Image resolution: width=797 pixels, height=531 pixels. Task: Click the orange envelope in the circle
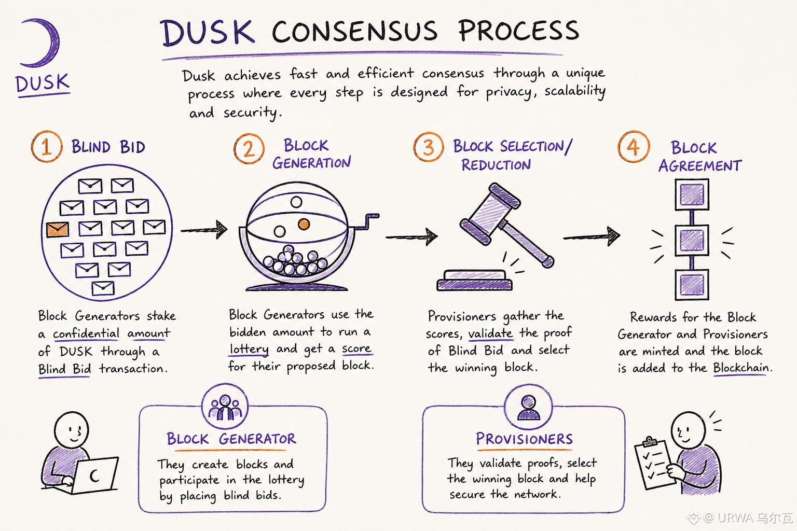point(57,229)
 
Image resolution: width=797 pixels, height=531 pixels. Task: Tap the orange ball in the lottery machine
point(304,224)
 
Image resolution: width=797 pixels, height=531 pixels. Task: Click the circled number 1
point(47,147)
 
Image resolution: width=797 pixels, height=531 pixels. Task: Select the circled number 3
point(429,147)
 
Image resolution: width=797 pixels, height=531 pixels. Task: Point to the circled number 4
point(634,147)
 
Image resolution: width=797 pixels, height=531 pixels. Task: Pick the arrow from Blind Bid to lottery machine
point(204,230)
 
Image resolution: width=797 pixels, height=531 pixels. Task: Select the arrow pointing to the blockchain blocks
point(592,236)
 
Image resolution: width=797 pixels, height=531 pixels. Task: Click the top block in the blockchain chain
point(692,194)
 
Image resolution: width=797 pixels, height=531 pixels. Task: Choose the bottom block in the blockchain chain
point(692,285)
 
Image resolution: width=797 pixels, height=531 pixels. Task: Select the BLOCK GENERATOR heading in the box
point(231,439)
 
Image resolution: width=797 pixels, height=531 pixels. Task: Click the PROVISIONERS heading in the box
point(525,439)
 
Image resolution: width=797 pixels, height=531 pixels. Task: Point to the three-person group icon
point(225,407)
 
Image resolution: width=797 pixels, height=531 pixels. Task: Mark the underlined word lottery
point(249,350)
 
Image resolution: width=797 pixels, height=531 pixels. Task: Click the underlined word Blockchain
point(741,368)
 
